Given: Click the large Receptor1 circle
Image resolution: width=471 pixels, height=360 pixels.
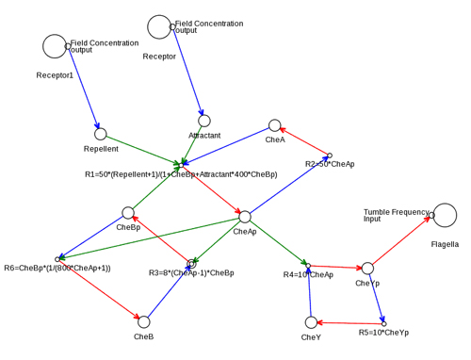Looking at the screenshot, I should [55, 46].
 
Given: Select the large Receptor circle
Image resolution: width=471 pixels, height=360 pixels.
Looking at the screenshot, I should [159, 27].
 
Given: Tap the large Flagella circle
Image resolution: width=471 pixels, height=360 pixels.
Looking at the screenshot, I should [444, 215].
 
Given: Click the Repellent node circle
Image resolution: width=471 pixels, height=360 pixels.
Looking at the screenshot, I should [101, 134].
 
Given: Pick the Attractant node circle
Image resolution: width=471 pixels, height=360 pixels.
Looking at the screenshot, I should [204, 121].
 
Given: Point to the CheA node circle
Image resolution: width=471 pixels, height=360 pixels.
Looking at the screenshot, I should [274, 125].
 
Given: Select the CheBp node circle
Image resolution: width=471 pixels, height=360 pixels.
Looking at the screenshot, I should [128, 213].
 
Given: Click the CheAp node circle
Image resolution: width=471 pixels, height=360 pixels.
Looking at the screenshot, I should [244, 217].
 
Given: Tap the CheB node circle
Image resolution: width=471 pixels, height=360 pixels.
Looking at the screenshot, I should [143, 321].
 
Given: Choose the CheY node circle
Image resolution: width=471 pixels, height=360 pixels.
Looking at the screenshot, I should [311, 322].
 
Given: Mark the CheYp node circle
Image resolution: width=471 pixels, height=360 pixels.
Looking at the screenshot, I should [367, 269].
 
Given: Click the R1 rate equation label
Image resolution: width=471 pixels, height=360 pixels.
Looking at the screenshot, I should [181, 174].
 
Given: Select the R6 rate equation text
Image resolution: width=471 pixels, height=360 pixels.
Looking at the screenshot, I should [57, 269].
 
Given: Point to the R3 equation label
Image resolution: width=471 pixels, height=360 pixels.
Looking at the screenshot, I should [191, 273].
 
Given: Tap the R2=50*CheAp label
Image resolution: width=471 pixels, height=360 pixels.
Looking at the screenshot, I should [330, 164].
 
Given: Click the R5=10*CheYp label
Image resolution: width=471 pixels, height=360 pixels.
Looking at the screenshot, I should [383, 333].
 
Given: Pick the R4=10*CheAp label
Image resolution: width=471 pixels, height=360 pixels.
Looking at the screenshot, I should [308, 275].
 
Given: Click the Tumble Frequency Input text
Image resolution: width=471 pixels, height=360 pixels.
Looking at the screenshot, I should [396, 216].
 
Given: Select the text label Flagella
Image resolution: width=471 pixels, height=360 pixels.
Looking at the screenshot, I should [445, 244].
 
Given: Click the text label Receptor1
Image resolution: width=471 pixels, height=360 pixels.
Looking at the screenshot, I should [55, 75].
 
